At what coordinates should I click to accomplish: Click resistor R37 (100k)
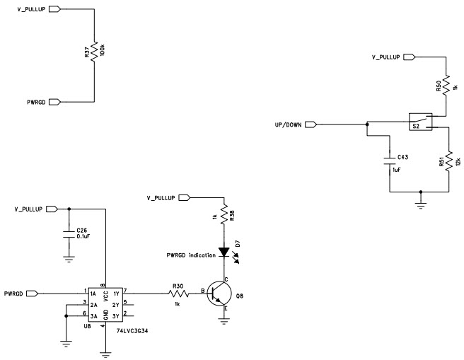94,54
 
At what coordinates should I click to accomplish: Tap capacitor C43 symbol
389,156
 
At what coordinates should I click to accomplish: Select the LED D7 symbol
224,251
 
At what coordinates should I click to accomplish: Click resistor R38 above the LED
224,213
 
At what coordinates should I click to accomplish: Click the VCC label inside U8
105,297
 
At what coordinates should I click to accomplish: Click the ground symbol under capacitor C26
69,260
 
